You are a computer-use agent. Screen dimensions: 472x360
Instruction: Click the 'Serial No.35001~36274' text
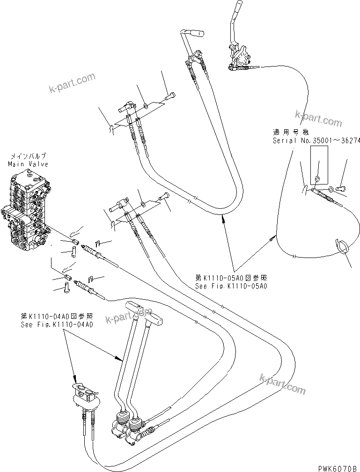pyautogui.click(x=316, y=140)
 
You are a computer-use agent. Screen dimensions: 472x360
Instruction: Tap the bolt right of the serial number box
pyautogui.click(x=340, y=188)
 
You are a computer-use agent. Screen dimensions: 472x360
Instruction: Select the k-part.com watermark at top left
pyautogui.click(x=72, y=82)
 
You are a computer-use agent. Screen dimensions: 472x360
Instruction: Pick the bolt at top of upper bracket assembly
pyautogui.click(x=170, y=97)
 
